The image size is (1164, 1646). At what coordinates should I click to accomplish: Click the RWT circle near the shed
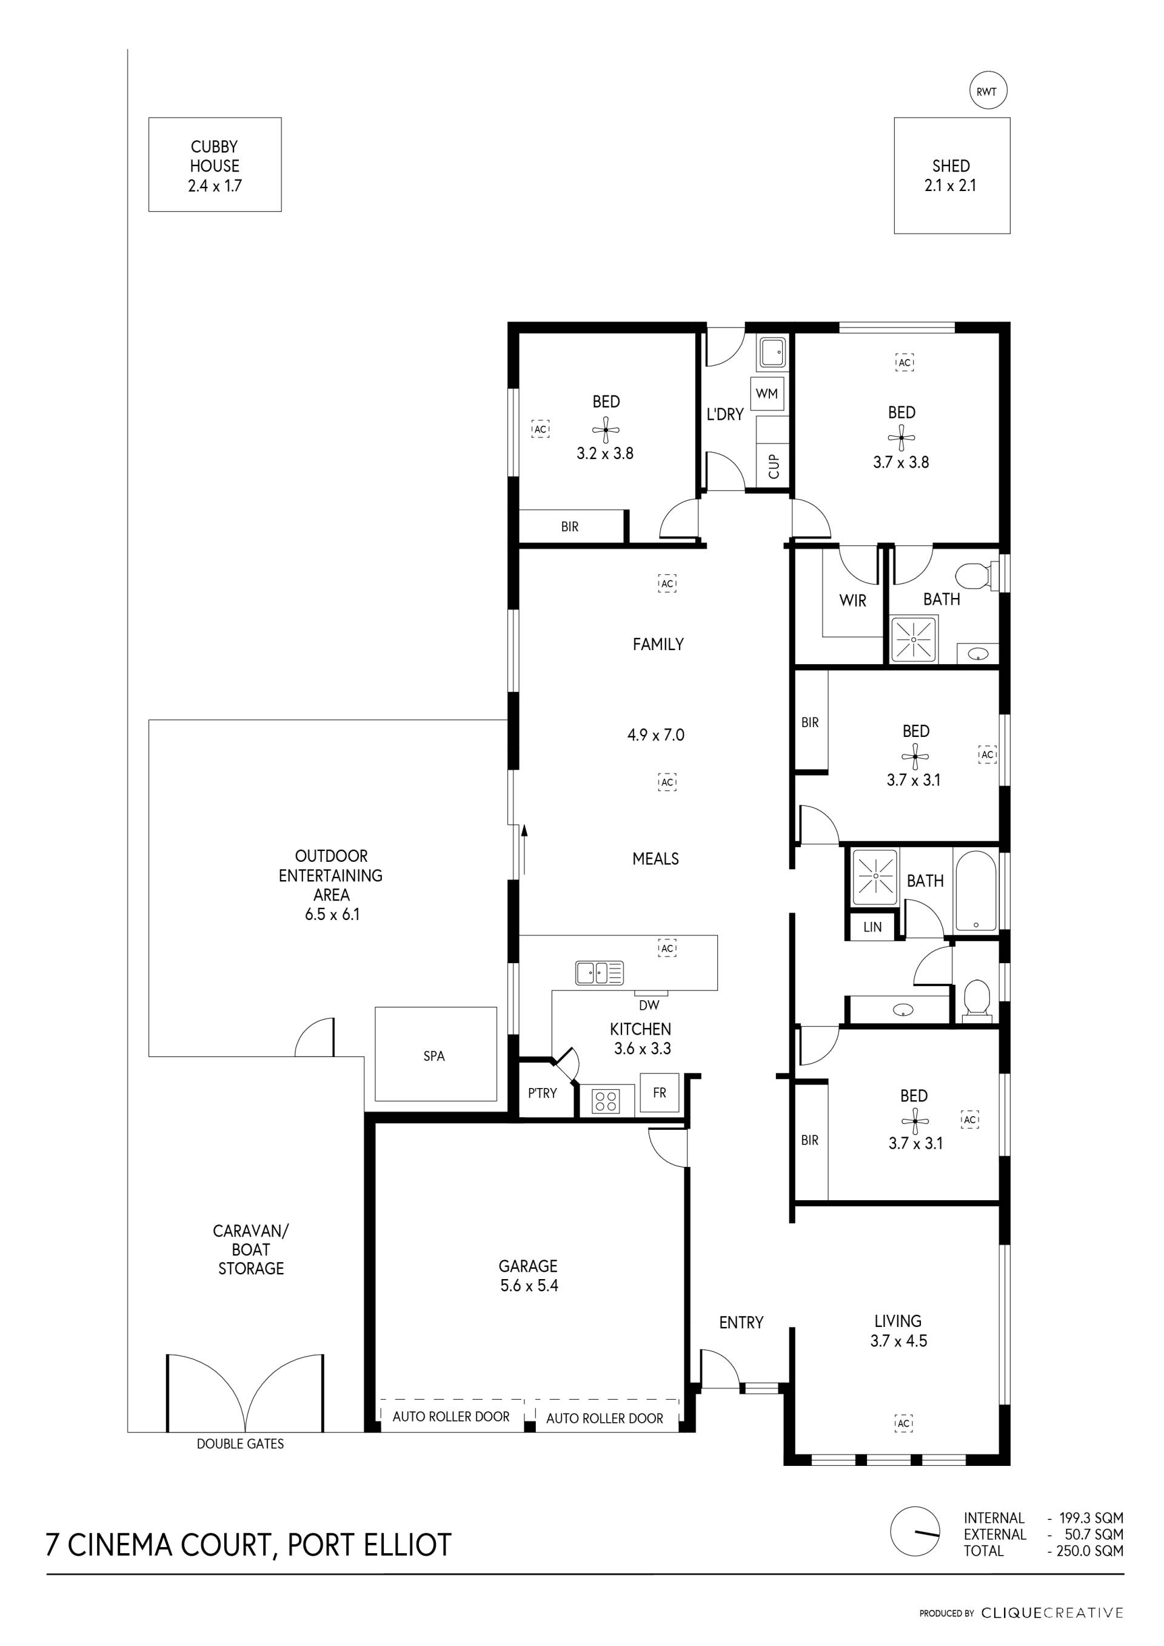coord(987,91)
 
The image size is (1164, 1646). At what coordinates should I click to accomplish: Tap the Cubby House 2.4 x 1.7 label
coord(214,166)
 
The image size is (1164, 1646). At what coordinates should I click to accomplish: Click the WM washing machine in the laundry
coord(766,394)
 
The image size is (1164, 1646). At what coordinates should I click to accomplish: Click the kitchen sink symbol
coord(599,973)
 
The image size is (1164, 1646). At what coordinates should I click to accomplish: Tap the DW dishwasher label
coord(649,1005)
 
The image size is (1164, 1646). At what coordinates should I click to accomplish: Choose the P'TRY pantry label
coord(542,1093)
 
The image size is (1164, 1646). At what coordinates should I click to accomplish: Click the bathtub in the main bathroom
coord(975,890)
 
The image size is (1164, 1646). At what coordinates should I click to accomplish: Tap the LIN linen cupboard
coord(872,927)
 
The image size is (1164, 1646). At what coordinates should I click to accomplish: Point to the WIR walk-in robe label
coord(852,601)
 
